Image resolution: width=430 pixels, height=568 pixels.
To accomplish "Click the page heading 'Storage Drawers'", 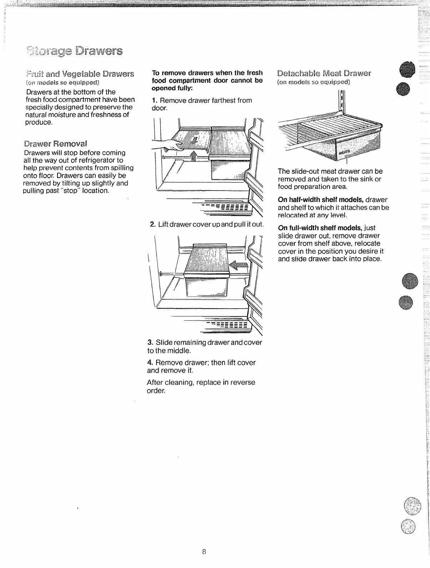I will click(74, 51).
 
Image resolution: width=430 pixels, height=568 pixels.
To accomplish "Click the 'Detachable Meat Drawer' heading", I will click(324, 74).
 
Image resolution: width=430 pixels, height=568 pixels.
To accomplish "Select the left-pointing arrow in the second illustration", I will click(239, 265).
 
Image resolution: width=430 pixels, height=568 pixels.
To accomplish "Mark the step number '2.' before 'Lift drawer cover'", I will click(152, 224).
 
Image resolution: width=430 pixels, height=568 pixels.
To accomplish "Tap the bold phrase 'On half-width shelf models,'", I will click(321, 200).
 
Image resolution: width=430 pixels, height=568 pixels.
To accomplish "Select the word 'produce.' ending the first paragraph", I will click(39, 122).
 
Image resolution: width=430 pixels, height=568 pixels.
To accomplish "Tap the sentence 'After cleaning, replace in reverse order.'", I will click(201, 386).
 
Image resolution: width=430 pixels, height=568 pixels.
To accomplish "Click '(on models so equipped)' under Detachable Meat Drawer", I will click(314, 82).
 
